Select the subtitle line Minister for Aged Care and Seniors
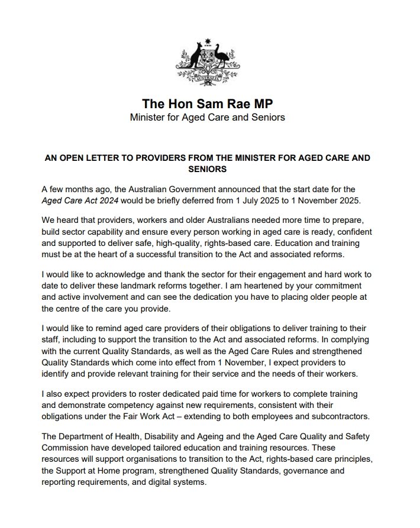pos(207,117)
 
